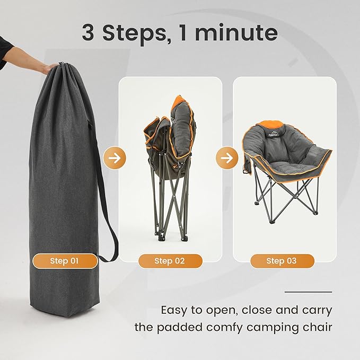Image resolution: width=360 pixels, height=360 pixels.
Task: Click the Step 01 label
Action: click(65, 261)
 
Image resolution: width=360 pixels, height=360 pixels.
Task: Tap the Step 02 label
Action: click(170, 261)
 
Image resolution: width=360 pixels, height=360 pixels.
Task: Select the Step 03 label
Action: click(282, 261)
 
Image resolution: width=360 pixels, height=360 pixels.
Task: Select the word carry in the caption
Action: click(317, 310)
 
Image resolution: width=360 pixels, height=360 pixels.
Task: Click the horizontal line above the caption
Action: click(308, 292)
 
